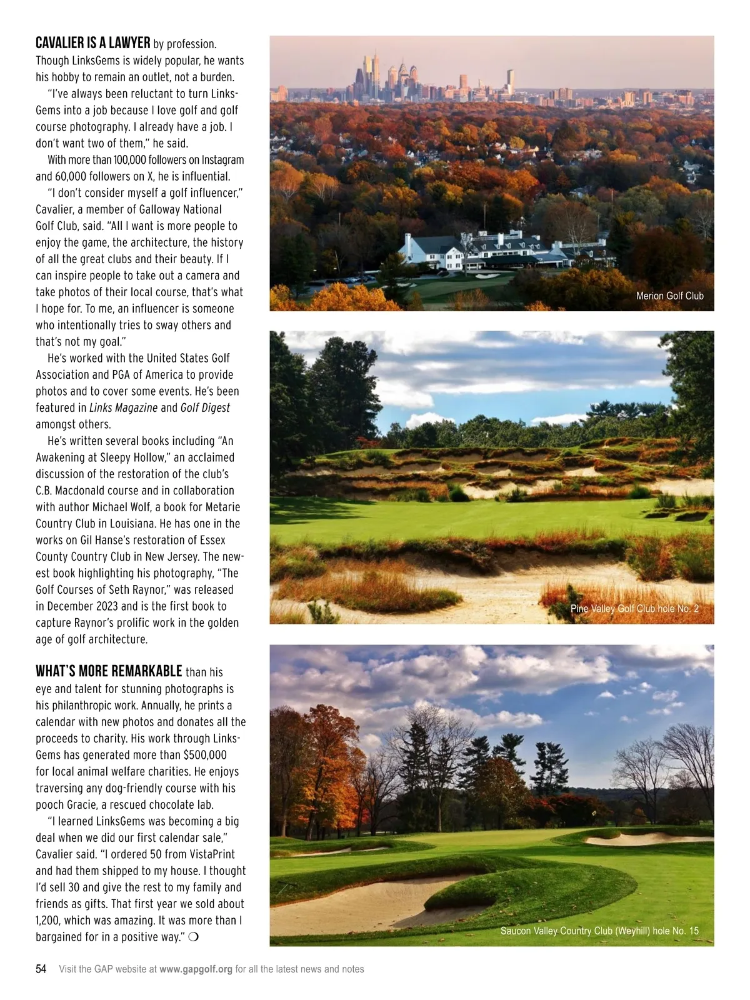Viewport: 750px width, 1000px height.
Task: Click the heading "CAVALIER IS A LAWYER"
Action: coord(92,43)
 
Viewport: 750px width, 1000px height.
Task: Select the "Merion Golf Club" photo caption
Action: coord(669,296)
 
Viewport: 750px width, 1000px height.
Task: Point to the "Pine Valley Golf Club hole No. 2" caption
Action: coord(634,608)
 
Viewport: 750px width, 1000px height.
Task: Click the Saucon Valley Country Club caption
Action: coord(599,931)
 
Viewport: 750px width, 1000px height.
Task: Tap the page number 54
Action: coord(41,969)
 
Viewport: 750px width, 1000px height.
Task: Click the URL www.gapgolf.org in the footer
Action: coord(196,969)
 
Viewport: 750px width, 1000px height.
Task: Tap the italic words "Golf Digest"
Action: coord(205,407)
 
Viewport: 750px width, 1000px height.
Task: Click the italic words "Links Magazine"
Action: coord(123,407)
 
